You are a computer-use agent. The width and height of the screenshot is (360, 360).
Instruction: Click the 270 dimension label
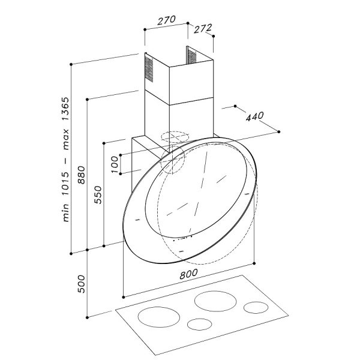coord(166,20)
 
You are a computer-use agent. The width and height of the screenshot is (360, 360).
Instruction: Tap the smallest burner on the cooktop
coord(198,325)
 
